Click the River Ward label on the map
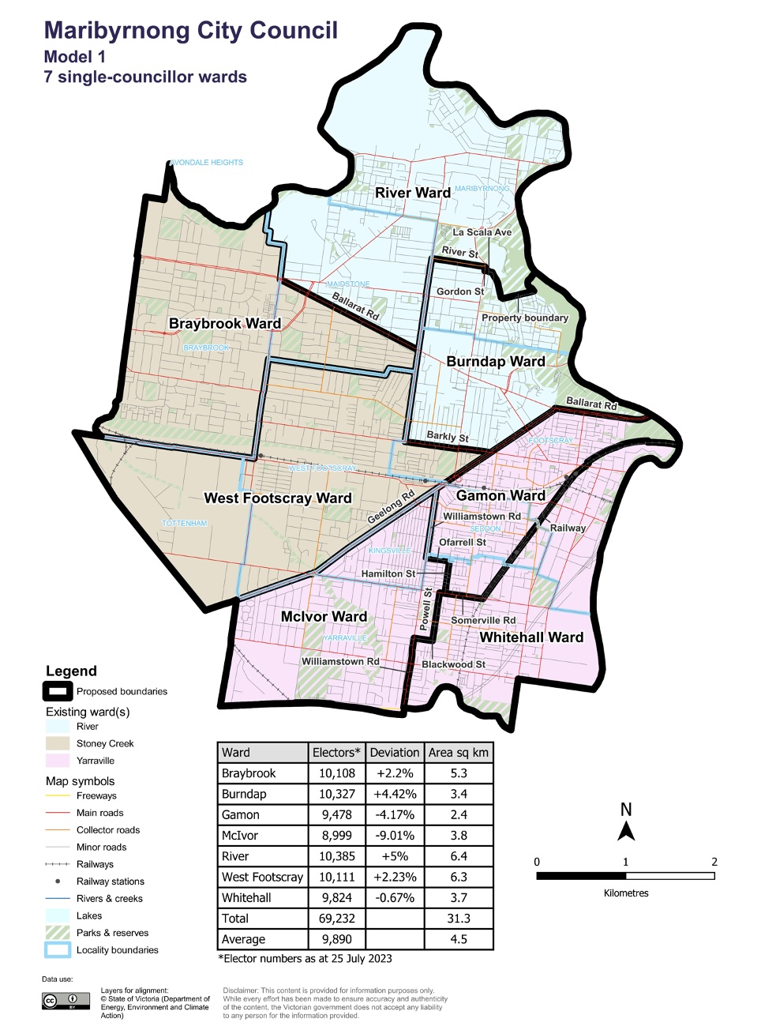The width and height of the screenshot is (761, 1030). (412, 193)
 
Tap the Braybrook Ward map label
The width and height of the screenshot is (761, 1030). (224, 324)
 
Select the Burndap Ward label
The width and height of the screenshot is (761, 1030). (495, 362)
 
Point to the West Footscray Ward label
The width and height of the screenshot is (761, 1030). (277, 498)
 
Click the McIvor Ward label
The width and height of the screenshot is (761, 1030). (324, 617)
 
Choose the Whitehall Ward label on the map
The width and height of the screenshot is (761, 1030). (530, 637)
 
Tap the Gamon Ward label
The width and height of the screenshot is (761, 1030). (500, 496)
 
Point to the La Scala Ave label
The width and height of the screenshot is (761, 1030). (482, 232)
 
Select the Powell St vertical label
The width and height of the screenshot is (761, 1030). (426, 608)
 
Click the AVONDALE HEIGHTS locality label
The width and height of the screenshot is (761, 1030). (207, 163)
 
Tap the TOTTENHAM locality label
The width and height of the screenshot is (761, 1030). (185, 524)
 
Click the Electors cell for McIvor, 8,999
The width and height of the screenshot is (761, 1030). (337, 836)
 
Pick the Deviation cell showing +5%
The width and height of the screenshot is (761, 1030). (395, 856)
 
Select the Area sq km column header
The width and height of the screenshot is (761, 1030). (458, 753)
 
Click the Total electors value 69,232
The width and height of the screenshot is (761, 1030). (337, 919)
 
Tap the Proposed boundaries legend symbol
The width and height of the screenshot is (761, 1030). (58, 692)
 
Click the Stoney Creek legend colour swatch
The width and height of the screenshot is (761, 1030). (58, 744)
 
